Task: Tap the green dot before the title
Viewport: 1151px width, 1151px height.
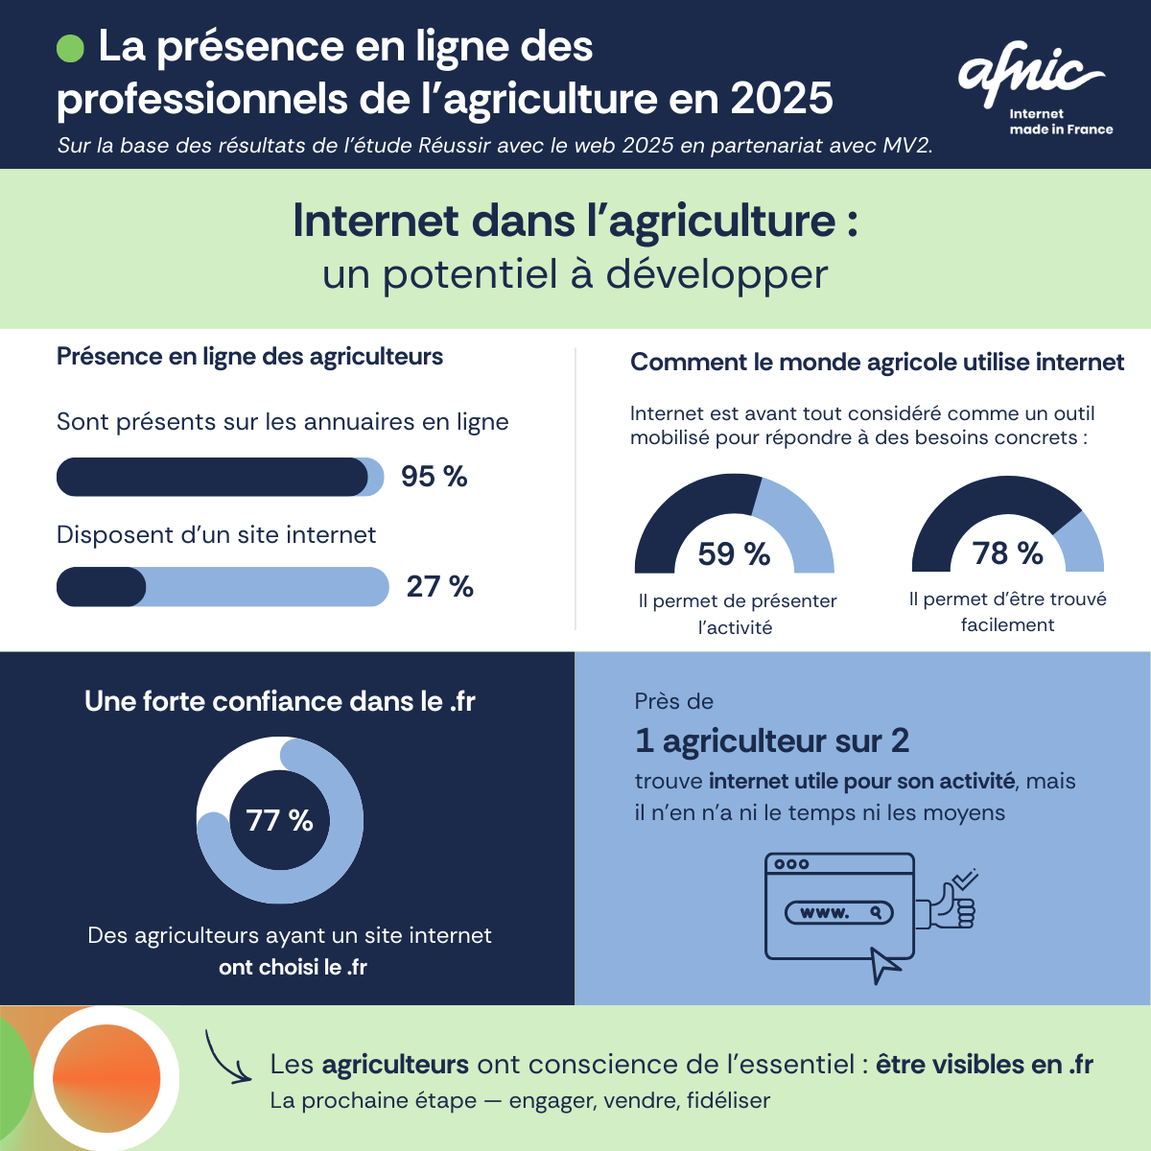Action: pos(71,48)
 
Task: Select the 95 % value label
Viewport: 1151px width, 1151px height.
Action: pos(434,477)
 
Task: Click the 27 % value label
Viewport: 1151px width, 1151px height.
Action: pos(439,586)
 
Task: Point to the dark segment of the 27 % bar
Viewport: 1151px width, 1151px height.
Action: pos(101,587)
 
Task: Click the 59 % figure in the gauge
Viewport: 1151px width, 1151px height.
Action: pos(734,553)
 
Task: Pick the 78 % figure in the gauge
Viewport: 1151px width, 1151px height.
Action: pos(1007,553)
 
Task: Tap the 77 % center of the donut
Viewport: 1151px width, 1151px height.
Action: pos(279,820)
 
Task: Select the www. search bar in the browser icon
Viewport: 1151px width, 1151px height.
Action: pos(838,912)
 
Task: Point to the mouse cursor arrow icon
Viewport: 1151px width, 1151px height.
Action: pos(884,964)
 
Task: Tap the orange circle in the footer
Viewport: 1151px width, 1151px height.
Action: pos(106,1078)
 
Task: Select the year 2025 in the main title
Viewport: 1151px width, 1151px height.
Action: pos(781,99)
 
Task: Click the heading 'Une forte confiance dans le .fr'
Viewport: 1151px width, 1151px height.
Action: pos(279,701)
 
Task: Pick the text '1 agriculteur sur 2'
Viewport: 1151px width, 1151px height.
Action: pos(771,740)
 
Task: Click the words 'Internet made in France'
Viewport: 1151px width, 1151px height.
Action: pos(1060,122)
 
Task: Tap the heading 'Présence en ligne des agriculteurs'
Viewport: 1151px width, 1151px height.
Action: pos(249,357)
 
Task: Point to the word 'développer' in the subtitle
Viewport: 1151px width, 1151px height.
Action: pos(716,275)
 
